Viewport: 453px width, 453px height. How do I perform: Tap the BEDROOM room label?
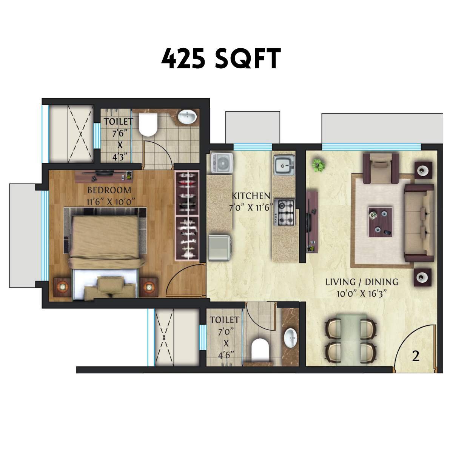pyautogui.click(x=109, y=190)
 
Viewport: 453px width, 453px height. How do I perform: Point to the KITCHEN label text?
pyautogui.click(x=251, y=196)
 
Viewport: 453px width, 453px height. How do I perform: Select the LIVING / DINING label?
pyautogui.click(x=362, y=282)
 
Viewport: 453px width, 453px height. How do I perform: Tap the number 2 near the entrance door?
pyautogui.click(x=416, y=356)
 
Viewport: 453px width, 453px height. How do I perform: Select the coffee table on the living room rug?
pyautogui.click(x=381, y=221)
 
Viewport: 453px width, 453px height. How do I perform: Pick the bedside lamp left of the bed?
pyautogui.click(x=62, y=287)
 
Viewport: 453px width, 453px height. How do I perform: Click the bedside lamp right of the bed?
pyautogui.click(x=150, y=287)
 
